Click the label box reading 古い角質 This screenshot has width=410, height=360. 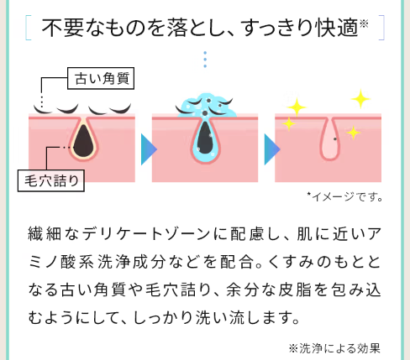click(101, 78)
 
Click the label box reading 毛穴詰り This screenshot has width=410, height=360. click(51, 180)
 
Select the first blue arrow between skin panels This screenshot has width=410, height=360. click(149, 149)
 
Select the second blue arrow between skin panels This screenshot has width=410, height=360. click(272, 149)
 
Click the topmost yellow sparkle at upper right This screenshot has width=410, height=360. click(360, 99)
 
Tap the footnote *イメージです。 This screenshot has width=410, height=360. click(344, 197)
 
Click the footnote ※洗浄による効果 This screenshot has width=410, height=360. click(334, 348)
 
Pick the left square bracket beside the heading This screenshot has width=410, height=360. click(28, 28)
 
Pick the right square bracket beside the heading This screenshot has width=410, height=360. click(381, 28)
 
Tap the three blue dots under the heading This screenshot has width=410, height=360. click(205, 60)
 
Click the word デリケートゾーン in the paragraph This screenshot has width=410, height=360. click(146, 234)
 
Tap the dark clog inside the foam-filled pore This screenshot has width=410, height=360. click(206, 138)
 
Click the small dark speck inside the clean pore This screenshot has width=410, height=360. click(335, 138)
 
